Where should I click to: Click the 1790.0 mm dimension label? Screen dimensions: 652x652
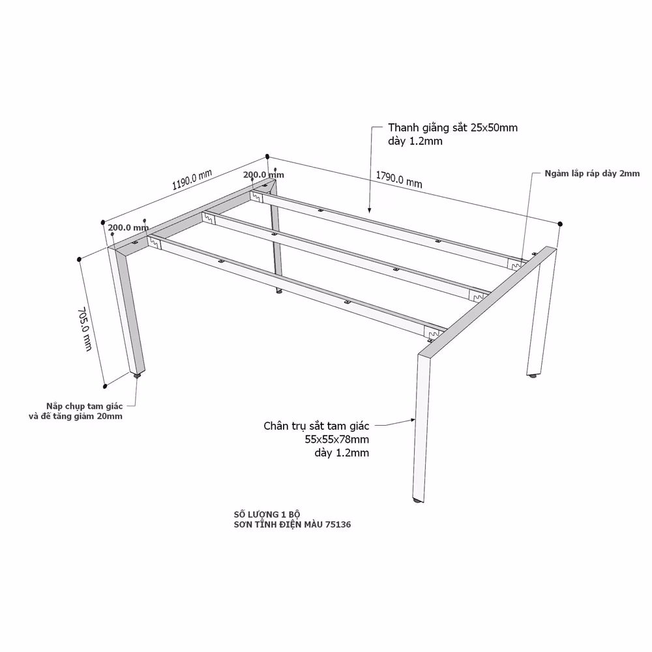(x=399, y=179)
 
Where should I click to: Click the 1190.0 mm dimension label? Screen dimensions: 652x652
(x=192, y=179)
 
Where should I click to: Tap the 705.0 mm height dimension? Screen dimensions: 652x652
(x=85, y=329)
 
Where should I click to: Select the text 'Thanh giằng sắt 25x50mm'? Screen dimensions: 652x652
(x=453, y=128)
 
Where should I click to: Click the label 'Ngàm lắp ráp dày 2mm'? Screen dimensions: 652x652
(x=592, y=173)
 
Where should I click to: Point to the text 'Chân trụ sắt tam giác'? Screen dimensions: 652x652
(x=316, y=426)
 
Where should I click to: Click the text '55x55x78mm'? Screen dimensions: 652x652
(x=337, y=439)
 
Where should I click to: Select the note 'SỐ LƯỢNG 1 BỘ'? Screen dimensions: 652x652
(x=267, y=514)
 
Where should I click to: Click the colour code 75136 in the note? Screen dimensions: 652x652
(x=338, y=524)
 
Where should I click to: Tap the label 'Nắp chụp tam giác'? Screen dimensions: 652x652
(x=84, y=406)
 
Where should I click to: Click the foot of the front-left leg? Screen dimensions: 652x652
(x=137, y=376)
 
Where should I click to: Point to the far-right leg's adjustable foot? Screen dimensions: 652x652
(x=532, y=376)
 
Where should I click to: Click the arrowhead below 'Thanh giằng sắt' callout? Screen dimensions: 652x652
(x=369, y=211)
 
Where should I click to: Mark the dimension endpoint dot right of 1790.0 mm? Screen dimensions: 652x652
(x=560, y=224)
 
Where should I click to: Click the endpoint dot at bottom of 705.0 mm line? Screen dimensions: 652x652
(x=105, y=386)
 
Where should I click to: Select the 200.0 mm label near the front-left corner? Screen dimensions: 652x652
(x=128, y=228)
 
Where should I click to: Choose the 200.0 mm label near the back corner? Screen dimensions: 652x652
(x=263, y=175)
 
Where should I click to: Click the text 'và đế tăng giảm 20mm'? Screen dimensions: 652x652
(x=76, y=416)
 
